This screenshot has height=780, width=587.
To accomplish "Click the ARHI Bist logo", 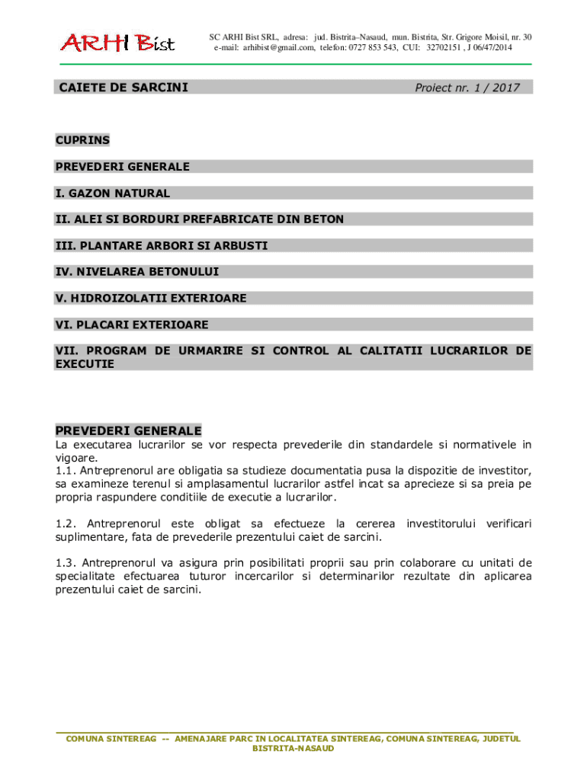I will (117, 43).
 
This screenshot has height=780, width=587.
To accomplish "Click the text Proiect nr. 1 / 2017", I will (467, 88).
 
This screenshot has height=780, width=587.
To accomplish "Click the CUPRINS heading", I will (82, 140).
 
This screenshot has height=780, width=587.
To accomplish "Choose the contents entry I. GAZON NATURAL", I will (113, 193).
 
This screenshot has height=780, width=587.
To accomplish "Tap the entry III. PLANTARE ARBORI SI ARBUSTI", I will (162, 246).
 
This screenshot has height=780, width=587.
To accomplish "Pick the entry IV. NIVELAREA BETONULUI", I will (137, 272).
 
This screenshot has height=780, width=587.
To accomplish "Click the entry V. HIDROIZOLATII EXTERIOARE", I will (151, 299).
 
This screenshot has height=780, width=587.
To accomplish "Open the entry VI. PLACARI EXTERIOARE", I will (132, 325).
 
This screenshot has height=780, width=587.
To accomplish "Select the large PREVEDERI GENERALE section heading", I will (128, 431).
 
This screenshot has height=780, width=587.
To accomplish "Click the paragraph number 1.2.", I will (65, 524).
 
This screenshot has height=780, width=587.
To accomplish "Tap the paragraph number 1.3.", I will (65, 563).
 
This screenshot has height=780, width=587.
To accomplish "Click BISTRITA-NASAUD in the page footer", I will (293, 749).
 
